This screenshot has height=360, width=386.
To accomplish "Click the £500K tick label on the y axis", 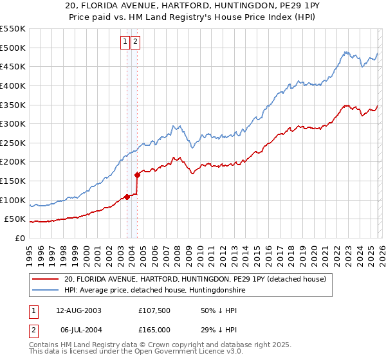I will (x=13, y=48).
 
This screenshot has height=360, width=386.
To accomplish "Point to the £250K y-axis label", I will (x=13, y=143).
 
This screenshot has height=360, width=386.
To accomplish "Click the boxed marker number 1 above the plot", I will (x=125, y=42).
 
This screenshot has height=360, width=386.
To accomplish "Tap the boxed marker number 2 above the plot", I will (x=136, y=42).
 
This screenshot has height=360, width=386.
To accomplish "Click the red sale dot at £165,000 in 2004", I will (x=137, y=175).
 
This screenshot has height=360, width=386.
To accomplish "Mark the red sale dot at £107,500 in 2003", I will (x=127, y=197).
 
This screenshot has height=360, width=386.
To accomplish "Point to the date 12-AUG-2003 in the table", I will (x=78, y=310).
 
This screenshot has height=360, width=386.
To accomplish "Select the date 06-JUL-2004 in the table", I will (x=78, y=329).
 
